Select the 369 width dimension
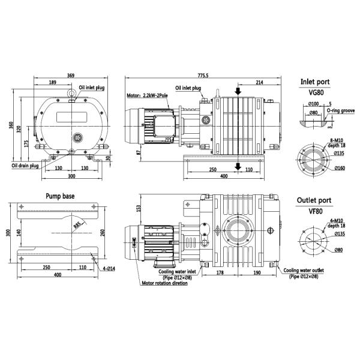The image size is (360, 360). (70, 76)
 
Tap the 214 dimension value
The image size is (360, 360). (259, 83)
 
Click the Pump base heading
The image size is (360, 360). (60, 196)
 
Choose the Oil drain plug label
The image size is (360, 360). (25, 165)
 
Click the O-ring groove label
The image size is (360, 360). (339, 110)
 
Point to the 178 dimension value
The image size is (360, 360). (219, 271)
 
